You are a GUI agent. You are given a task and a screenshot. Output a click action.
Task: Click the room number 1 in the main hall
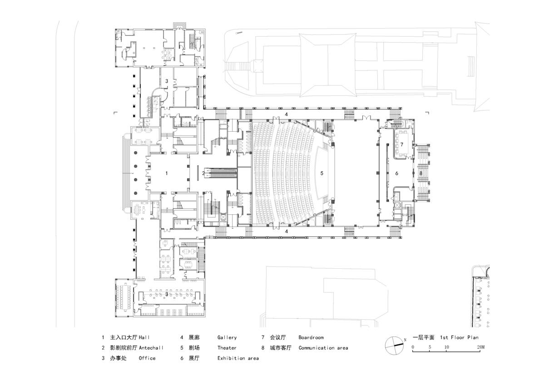(167, 173)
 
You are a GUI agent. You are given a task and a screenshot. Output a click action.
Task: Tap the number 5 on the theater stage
(322, 173)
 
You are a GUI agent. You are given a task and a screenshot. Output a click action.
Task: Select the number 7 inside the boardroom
(402, 144)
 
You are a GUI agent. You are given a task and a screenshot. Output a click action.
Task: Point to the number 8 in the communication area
(421, 173)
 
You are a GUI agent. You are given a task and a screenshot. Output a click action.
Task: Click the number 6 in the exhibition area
(396, 173)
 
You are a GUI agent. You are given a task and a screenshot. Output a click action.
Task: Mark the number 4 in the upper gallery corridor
(286, 114)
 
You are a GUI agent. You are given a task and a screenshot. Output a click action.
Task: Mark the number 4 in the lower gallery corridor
(286, 232)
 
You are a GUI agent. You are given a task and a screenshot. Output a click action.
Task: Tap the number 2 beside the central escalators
(203, 173)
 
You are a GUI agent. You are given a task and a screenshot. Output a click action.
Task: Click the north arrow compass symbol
(394, 346)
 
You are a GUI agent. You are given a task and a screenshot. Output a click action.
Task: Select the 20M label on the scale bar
(481, 347)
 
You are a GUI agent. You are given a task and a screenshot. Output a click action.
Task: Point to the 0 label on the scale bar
(413, 347)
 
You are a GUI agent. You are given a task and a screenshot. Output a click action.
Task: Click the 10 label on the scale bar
(446, 347)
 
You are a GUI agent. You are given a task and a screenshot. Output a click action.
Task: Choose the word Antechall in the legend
(151, 348)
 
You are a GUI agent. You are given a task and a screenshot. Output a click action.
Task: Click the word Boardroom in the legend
(311, 338)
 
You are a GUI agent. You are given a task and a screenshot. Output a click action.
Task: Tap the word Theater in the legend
(227, 348)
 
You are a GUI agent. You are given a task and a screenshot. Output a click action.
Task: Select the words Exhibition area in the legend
(238, 358)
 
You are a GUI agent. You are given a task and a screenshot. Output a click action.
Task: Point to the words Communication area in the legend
(323, 348)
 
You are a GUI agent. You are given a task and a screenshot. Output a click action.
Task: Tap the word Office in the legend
(147, 358)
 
